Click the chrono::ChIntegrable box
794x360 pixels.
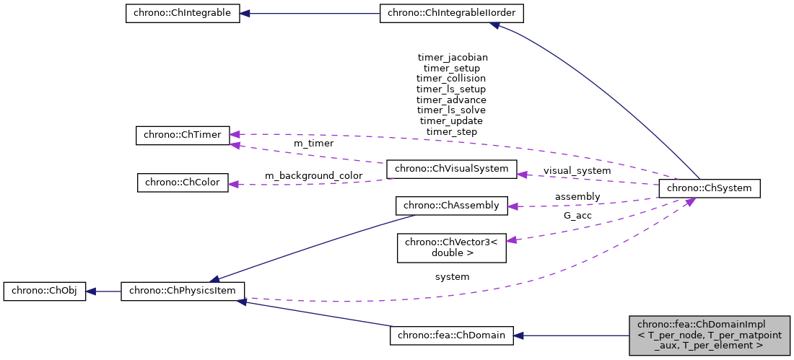182,14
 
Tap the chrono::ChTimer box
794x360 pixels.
183,135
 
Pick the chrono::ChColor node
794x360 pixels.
183,183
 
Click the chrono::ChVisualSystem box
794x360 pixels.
452,170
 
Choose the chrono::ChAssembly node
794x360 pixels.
452,206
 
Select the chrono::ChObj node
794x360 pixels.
45,291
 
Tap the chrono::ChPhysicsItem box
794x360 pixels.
183,291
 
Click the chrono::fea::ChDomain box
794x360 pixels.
452,335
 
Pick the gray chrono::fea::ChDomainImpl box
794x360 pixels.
710,335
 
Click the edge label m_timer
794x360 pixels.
313,144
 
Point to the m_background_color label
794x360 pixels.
313,176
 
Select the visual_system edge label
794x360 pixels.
577,170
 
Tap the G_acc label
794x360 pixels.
577,215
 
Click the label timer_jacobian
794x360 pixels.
453,56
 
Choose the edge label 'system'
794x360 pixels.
452,276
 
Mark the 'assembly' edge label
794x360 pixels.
577,196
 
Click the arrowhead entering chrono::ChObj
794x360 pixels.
91,291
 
